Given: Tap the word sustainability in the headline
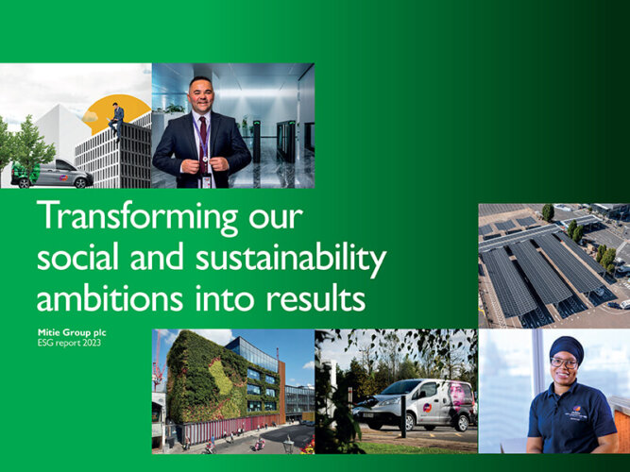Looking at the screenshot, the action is pos(291,259).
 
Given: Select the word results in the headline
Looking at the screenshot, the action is pos(315,298).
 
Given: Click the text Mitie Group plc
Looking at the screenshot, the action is pos(72,333).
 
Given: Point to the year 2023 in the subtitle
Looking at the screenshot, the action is pos(92,343).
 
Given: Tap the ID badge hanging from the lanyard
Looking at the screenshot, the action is pos(206,182).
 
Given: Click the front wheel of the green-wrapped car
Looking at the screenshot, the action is pos(81,183).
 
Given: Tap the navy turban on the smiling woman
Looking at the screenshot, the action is pos(567,347).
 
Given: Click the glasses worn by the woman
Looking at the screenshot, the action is pos(565,363).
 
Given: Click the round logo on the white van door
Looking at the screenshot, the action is pos(427,408).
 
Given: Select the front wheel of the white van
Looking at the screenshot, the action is pos(410,423).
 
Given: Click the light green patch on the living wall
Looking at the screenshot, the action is pos(222,377).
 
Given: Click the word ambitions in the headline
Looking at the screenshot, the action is pos(110,298).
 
